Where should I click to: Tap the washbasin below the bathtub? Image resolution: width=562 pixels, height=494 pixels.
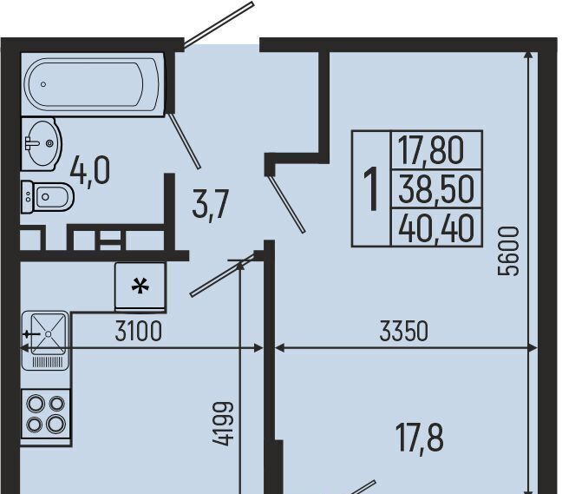pos(42,144)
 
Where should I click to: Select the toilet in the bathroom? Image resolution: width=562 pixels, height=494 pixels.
pos(48,196)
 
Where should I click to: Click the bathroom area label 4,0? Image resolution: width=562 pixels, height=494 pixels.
pos(89,172)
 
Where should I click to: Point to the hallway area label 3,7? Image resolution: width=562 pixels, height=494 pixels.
pos(211,206)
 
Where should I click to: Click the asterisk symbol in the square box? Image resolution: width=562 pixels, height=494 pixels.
pos(140,287)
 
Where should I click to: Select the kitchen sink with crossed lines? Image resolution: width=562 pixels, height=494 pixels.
pos(45,339)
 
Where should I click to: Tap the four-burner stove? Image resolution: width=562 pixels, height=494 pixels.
pos(45,414)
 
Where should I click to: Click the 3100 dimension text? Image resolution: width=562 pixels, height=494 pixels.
pos(139,331)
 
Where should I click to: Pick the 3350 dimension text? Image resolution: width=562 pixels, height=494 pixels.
pos(403,331)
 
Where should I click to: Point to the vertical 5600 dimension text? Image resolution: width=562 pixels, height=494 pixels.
pos(508,251)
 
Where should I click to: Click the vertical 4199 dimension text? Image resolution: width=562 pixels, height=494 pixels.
pos(223,424)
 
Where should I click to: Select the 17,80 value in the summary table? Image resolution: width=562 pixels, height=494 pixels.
pos(431,151)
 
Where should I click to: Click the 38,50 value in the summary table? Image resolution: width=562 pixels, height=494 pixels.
pos(436,190)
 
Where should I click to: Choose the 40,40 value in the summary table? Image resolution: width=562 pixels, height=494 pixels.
pos(436,228)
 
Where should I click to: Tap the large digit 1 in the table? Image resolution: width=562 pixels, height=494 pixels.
pos(371,188)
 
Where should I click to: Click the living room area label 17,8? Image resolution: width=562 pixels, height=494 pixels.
pos(420,438)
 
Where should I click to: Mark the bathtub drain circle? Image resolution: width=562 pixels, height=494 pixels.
pos(43,84)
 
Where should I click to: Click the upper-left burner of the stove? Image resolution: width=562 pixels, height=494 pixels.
pos(35,404)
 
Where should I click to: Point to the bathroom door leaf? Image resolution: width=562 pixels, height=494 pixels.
pos(184,141)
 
